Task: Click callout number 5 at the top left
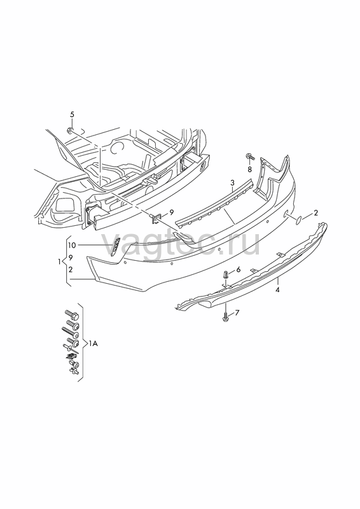coord(72,115)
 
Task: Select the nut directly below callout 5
coord(70,130)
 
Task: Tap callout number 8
coord(249,169)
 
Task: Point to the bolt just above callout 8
coord(250,157)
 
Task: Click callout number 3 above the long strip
coord(232,183)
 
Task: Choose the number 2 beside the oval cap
coord(316,213)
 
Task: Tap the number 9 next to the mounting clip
coord(172,213)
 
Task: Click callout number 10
coord(72,245)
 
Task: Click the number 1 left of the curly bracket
coord(59,261)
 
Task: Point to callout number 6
coord(239,269)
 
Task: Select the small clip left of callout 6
coord(226,275)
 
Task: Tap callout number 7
coord(237,312)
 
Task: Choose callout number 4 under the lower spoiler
coord(277,290)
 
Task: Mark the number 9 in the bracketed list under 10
coord(71,257)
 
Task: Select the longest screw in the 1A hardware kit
coord(70,332)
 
